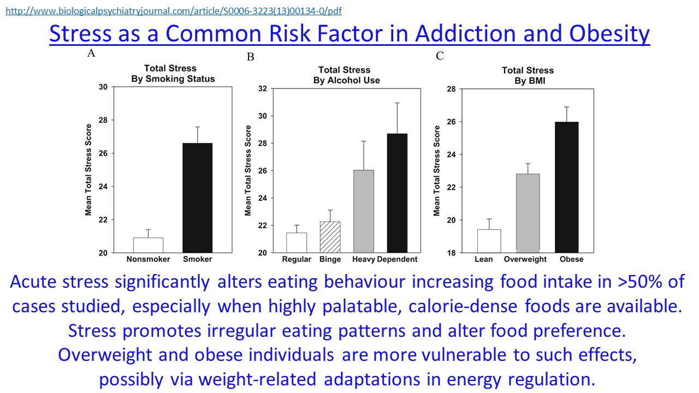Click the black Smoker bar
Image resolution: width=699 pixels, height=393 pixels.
tap(197, 198)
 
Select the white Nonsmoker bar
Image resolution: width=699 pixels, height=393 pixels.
tap(148, 245)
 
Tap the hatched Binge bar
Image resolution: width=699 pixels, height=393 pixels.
tap(330, 237)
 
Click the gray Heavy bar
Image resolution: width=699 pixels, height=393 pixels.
tap(364, 211)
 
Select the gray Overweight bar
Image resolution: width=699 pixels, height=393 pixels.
tap(528, 212)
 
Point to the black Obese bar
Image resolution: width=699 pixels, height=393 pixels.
tap(566, 187)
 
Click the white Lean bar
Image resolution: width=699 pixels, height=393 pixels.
tap(489, 241)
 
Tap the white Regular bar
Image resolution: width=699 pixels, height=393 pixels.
tap(297, 242)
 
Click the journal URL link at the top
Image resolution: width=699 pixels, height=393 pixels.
tap(174, 11)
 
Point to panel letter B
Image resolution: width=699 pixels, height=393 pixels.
tap(251, 57)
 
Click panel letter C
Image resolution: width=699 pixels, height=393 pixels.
tap(440, 56)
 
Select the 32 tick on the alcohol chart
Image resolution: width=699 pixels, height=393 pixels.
tap(262, 88)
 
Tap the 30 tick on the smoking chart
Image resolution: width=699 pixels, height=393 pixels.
tap(103, 87)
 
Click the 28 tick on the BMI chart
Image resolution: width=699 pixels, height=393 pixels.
tap(452, 88)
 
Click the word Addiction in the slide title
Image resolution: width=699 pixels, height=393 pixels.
tap(452, 34)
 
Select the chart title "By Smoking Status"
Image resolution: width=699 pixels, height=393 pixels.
tap(173, 79)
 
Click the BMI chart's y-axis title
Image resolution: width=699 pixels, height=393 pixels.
tap(437, 170)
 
